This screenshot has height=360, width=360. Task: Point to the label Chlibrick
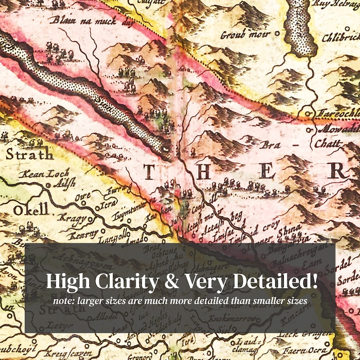[341, 39]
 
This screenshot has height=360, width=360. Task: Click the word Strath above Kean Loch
[29, 155]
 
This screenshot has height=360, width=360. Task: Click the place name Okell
[30, 210]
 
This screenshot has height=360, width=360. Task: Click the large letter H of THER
[204, 171]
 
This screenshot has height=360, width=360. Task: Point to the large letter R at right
[338, 171]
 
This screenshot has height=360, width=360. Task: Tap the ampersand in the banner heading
[173, 282]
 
